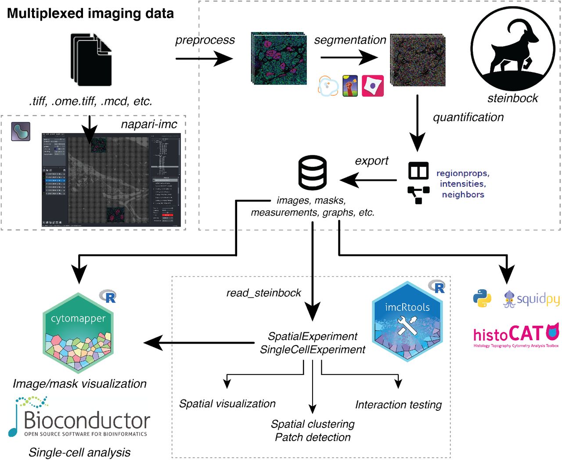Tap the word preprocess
coord(205,40)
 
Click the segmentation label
coord(350,40)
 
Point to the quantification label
coord(468,117)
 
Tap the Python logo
coord(482,298)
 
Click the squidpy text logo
coord(532,300)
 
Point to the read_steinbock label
coord(263,293)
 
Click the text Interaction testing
coord(398,404)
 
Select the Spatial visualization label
coord(227,403)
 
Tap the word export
coord(371,161)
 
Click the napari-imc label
coord(149,124)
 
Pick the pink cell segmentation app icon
coord(372,86)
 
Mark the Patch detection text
coord(313,437)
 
